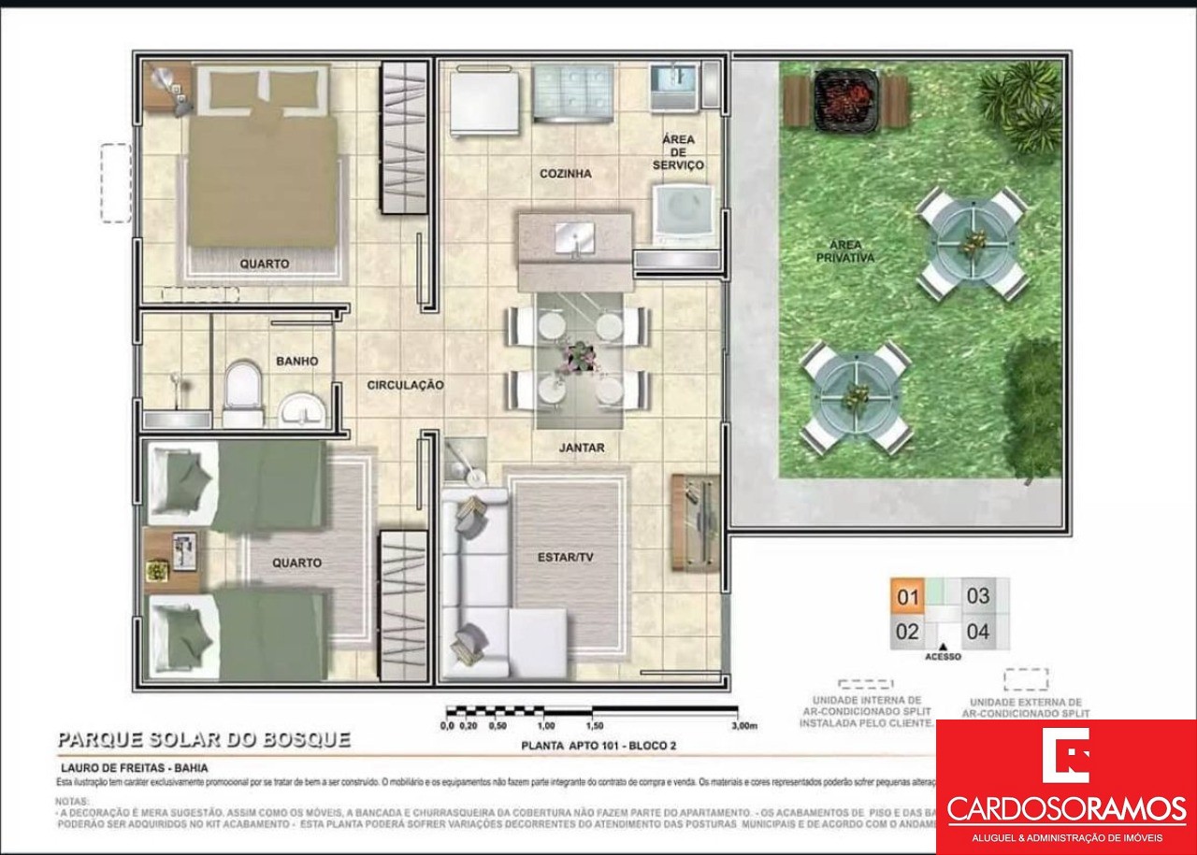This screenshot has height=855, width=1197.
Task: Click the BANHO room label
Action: pyautogui.click(x=296, y=361)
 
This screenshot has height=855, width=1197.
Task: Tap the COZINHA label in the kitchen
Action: pyautogui.click(x=565, y=174)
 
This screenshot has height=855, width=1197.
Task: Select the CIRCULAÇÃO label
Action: pyautogui.click(x=405, y=385)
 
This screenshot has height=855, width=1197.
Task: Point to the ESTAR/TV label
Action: pyautogui.click(x=566, y=558)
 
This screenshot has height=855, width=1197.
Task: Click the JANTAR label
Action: pyautogui.click(x=582, y=448)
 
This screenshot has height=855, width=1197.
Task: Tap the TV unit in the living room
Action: pyautogui.click(x=695, y=522)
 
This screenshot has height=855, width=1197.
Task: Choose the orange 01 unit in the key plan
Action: pyautogui.click(x=908, y=596)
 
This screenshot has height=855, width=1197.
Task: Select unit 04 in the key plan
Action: pyautogui.click(x=977, y=633)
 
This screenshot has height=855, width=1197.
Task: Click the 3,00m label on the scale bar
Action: pyautogui.click(x=743, y=725)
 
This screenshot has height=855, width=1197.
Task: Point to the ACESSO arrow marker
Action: pyautogui.click(x=944, y=647)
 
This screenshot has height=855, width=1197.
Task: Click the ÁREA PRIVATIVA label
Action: pyautogui.click(x=844, y=250)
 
